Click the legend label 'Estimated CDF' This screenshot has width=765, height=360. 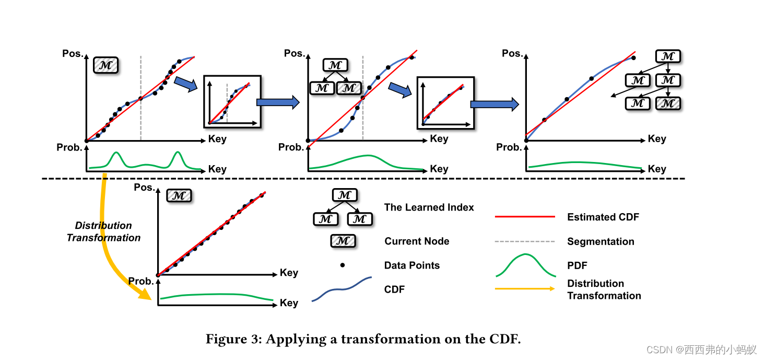[x=603, y=217]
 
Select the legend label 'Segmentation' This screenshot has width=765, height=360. [x=601, y=241]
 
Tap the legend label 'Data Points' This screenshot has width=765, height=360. [x=411, y=265]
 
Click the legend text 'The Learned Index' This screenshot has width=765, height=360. [x=429, y=207]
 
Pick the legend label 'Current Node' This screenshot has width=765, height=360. [x=417, y=241]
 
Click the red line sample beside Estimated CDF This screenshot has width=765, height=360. [x=525, y=216]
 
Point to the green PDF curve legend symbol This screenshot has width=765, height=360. [x=525, y=265]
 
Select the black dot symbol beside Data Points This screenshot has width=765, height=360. [x=343, y=265]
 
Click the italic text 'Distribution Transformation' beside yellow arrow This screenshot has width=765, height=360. [x=103, y=231]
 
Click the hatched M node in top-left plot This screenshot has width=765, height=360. [x=106, y=65]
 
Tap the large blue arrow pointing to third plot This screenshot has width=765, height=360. [x=494, y=104]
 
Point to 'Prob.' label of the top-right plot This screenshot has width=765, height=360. [x=509, y=147]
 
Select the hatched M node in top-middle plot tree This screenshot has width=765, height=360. [x=349, y=88]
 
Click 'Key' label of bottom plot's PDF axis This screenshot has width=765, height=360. [x=289, y=303]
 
